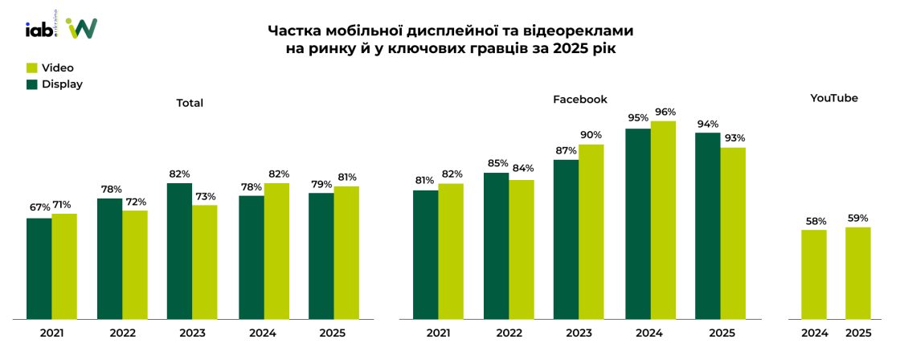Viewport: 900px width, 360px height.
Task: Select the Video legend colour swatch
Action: click(32, 68)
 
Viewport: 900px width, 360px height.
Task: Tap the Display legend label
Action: click(62, 84)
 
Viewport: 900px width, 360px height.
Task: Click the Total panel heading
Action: click(190, 103)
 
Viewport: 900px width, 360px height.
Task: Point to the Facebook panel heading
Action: click(579, 100)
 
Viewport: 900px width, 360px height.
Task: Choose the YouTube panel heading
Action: click(833, 99)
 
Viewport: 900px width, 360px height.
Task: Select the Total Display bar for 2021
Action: click(39, 268)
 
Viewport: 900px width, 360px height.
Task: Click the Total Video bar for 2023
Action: click(204, 262)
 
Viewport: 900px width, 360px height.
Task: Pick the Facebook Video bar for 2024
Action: click(663, 220)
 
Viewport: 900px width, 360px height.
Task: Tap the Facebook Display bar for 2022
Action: click(496, 246)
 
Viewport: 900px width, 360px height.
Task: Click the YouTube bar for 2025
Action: click(858, 273)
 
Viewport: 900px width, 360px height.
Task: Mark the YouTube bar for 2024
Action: click(814, 275)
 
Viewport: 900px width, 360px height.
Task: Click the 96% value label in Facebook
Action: click(664, 112)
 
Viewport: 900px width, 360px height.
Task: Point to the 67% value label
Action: click(39, 208)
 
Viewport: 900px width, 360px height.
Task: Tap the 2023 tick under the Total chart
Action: click(191, 333)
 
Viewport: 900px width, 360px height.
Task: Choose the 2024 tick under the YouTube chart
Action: click(814, 333)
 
